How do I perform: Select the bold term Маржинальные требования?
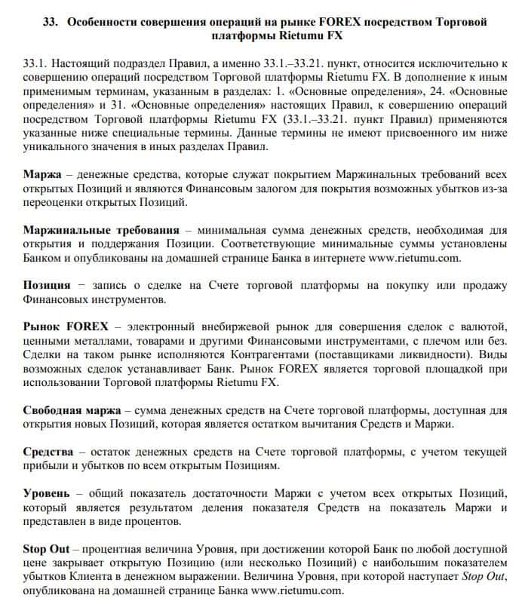(x=101, y=230)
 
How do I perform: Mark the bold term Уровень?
(x=48, y=493)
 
